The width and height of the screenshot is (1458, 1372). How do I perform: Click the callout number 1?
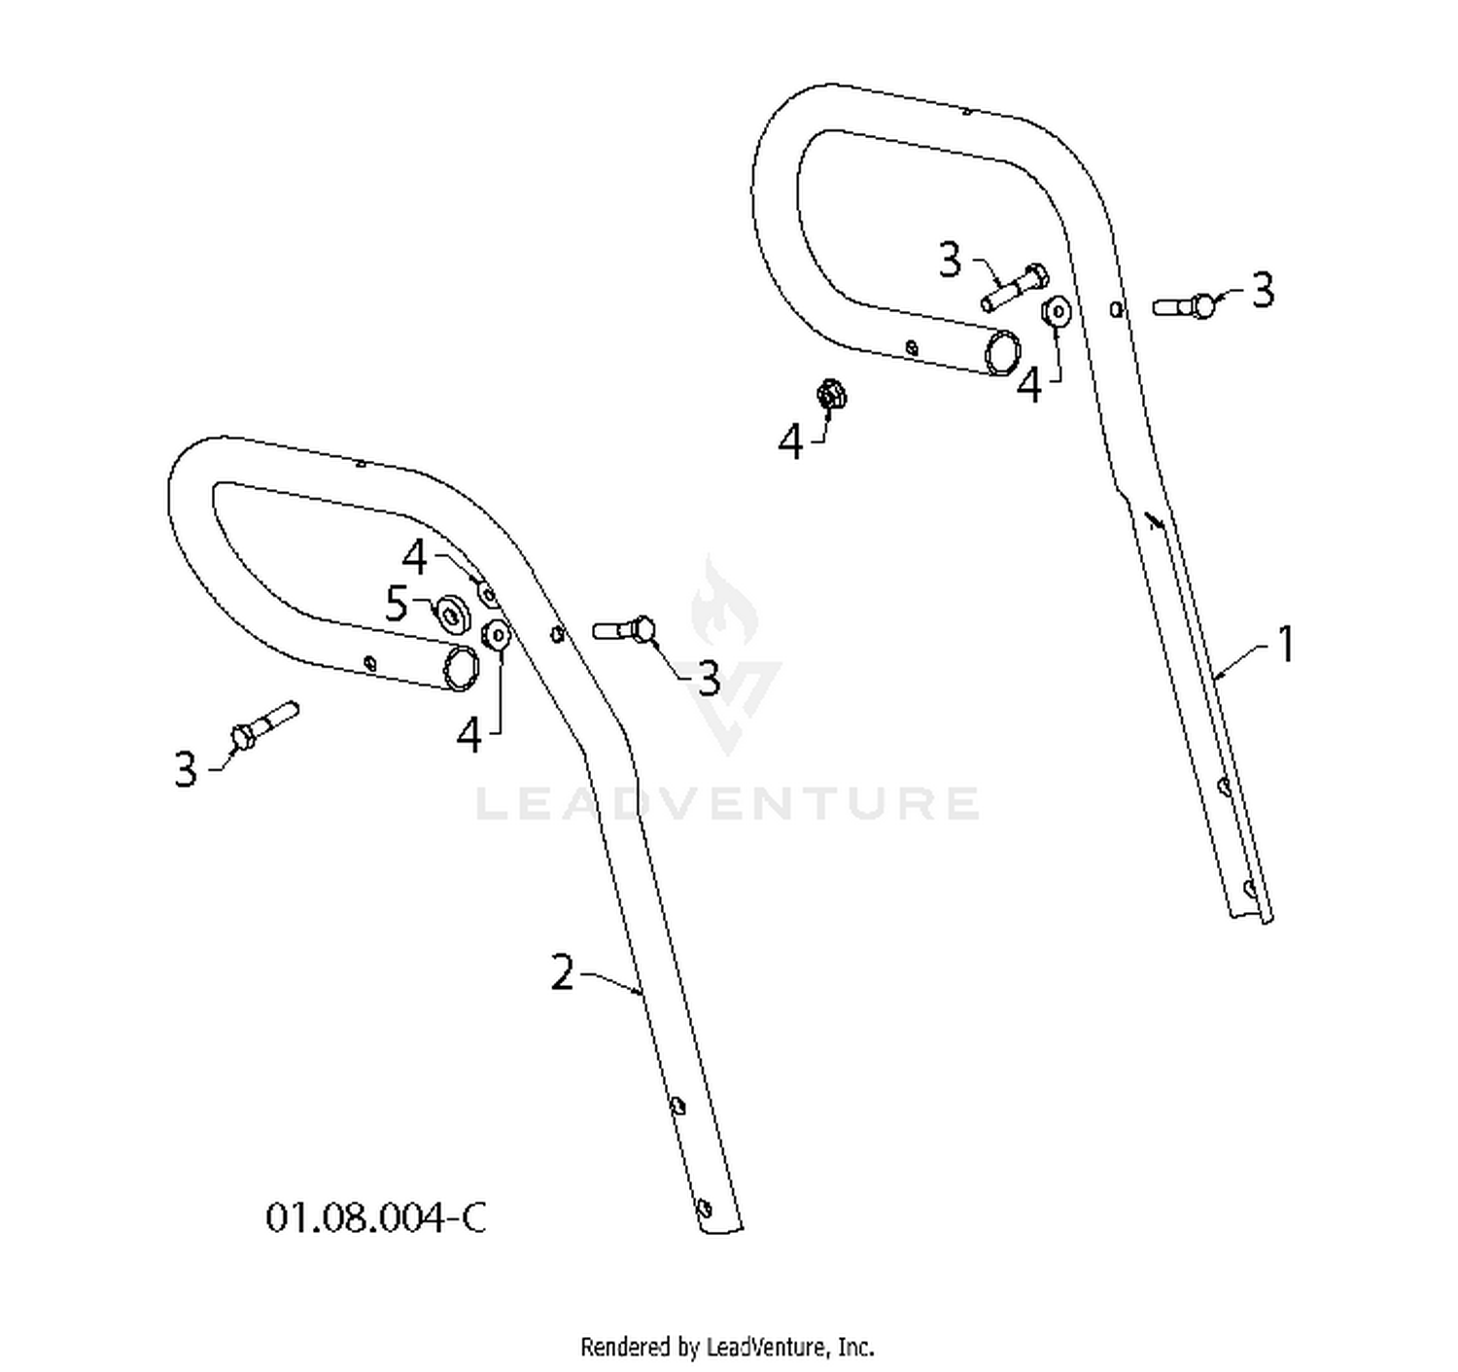tap(1285, 644)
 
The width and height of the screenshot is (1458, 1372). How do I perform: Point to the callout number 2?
tap(563, 971)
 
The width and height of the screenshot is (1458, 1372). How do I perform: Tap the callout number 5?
tap(397, 604)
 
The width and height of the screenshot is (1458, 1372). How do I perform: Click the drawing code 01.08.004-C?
tap(375, 1217)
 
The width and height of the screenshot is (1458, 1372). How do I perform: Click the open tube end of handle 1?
tap(1002, 353)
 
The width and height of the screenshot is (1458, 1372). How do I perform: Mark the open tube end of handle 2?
tap(462, 668)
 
